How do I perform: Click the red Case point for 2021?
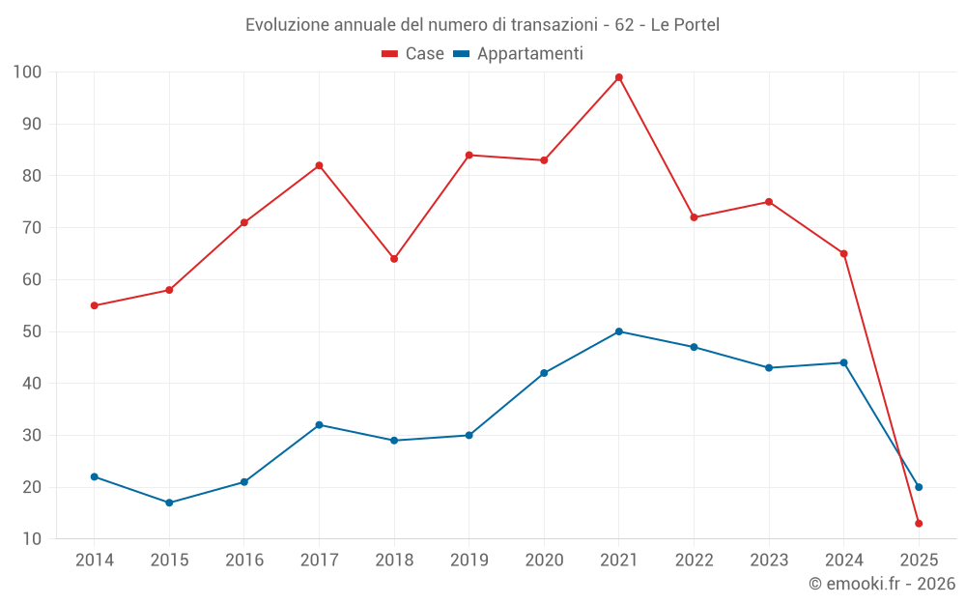(619, 77)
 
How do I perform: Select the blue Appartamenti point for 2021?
(619, 331)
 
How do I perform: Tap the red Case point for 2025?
(919, 524)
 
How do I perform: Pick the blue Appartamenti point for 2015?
(169, 503)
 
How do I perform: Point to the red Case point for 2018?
(394, 259)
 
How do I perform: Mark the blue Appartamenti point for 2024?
(843, 362)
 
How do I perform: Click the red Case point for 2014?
(94, 305)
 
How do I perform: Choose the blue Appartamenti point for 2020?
(544, 373)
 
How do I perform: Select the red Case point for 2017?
(319, 165)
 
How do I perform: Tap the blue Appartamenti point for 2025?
(919, 487)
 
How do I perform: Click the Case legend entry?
(413, 54)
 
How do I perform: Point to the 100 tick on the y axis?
(27, 72)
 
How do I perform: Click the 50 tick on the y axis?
(32, 331)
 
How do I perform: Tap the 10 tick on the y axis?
(32, 539)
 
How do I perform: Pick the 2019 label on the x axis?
(469, 561)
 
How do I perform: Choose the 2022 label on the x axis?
(694, 561)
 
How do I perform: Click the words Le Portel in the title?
(685, 25)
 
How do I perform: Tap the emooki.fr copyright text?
(882, 584)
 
